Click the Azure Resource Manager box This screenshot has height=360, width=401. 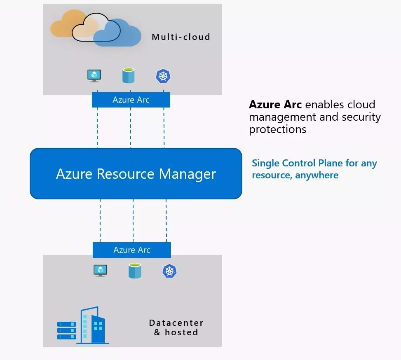click(136, 173)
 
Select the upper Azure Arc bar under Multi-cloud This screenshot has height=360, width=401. click(131, 100)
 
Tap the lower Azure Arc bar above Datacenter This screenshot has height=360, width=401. click(131, 250)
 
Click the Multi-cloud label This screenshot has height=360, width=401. click(181, 37)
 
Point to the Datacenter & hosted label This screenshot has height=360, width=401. click(176, 327)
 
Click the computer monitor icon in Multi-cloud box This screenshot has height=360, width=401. click(94, 76)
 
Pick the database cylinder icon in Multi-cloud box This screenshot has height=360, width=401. click(128, 76)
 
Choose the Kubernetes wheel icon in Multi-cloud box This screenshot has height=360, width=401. click(163, 76)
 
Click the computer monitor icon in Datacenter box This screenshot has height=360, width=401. click(100, 271)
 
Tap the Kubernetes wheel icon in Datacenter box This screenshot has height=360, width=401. click(169, 271)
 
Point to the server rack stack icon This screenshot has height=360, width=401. click(67, 330)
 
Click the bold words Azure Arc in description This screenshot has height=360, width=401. click(275, 104)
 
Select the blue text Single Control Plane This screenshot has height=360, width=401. click(298, 163)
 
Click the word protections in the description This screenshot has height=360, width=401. click(277, 129)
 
